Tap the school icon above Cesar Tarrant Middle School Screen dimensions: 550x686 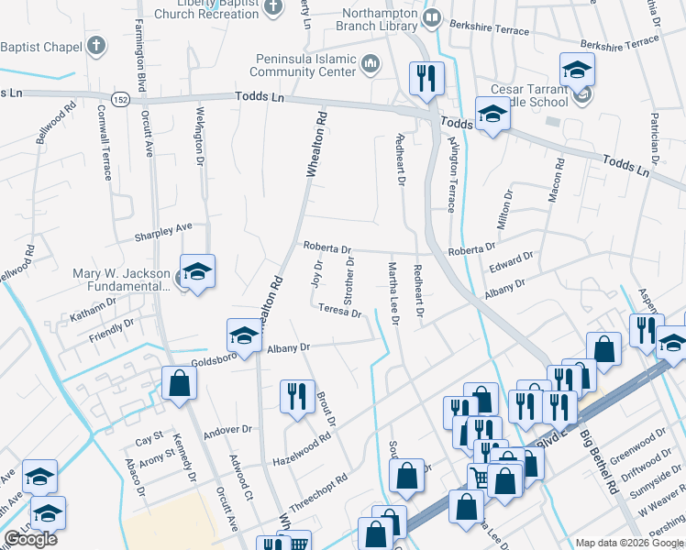[x=577, y=69]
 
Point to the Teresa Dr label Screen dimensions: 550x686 [x=340, y=312]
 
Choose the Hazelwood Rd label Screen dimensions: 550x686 [x=302, y=448]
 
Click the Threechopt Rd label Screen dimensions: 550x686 [x=318, y=493]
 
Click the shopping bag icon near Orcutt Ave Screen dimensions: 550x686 [x=179, y=384]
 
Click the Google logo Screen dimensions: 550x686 [x=30, y=539]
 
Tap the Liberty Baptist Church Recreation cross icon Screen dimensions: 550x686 [x=271, y=7]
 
